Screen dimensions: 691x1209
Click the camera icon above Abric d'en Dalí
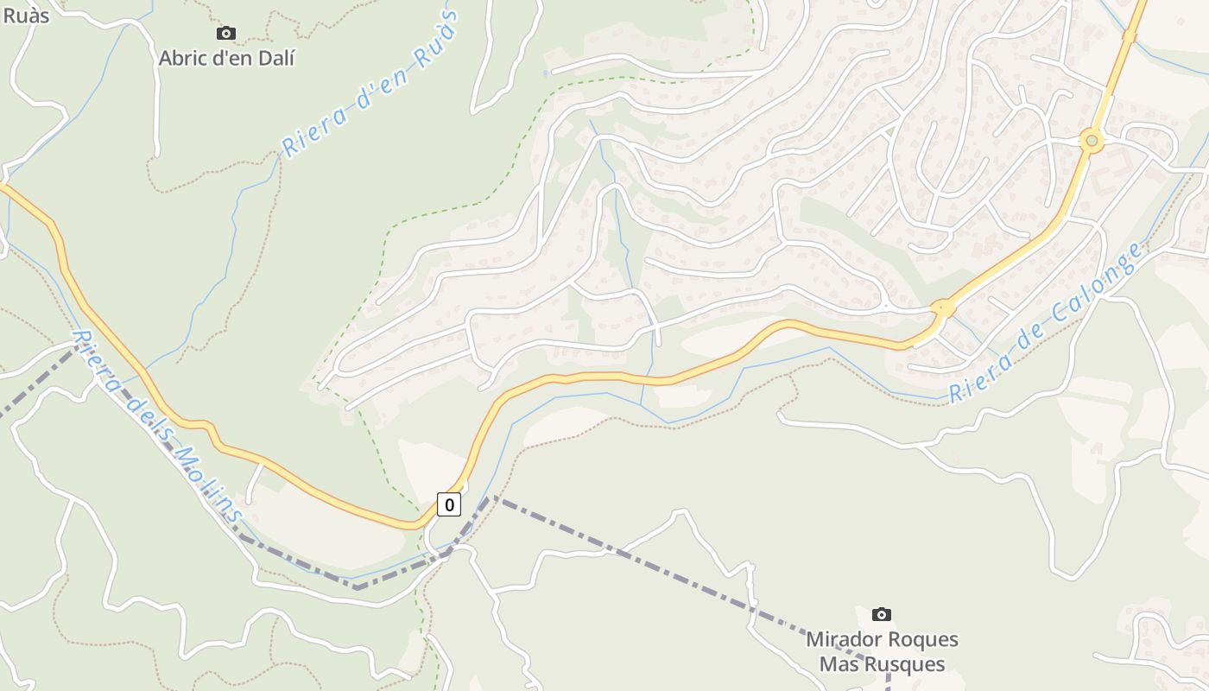tap(226, 34)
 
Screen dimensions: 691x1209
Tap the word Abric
tap(183, 58)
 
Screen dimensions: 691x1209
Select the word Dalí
tap(273, 58)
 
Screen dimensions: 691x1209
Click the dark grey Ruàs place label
tap(26, 15)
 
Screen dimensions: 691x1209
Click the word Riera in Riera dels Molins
tap(97, 364)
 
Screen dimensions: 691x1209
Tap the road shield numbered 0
tap(448, 504)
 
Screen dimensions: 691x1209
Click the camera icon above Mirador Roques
tap(882, 614)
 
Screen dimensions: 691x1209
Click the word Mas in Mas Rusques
tap(837, 664)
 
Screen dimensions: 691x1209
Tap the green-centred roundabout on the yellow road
tap(1092, 140)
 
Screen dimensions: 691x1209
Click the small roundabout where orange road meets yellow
tap(942, 307)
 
